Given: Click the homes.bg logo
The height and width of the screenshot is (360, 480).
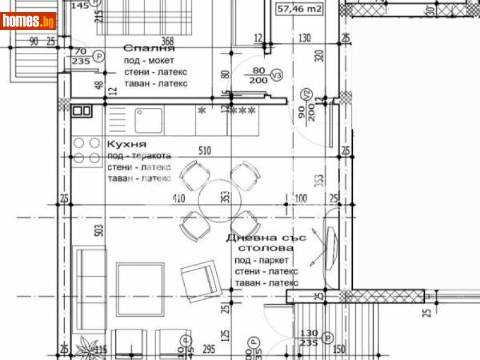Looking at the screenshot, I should click(x=29, y=21).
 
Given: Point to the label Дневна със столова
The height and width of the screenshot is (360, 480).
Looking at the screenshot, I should click(x=266, y=242).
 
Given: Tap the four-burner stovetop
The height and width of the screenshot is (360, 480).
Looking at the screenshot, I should click(x=87, y=151).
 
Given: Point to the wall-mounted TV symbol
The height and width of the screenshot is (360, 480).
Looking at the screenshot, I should click(x=331, y=244).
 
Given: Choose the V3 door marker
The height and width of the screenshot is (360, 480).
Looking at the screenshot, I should click(x=276, y=76).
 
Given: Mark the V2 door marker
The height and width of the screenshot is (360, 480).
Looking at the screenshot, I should click(x=306, y=94).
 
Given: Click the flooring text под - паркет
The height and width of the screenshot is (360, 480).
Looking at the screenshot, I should click(x=262, y=260).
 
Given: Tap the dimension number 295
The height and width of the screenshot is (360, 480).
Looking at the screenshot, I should click(x=208, y=349).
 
